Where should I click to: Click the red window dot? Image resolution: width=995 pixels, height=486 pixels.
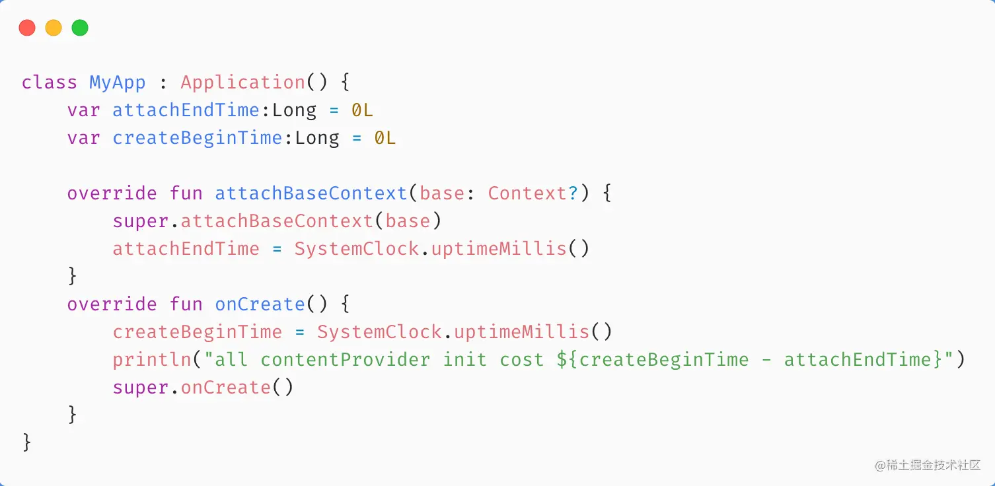[x=27, y=28]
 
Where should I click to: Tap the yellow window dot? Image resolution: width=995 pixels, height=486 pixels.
[x=54, y=28]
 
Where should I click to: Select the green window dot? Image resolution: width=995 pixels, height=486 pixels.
[x=80, y=28]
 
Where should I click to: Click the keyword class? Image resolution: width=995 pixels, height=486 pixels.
[x=50, y=83]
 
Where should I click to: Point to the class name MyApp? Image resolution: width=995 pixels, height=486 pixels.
[x=118, y=83]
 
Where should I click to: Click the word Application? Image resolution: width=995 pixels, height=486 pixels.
[x=242, y=83]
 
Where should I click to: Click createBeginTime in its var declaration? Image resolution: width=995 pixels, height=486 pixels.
[x=197, y=138]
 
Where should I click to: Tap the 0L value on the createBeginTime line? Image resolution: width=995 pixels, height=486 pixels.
[x=385, y=138]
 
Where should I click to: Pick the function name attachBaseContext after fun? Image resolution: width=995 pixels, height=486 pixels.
[x=311, y=193]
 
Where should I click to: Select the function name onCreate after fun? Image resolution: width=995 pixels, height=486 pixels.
[x=260, y=304]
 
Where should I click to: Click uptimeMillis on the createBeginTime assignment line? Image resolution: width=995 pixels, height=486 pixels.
[x=521, y=332]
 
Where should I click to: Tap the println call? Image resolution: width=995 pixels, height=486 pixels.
[x=152, y=360]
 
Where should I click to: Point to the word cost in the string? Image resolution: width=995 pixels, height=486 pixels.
[x=517, y=360]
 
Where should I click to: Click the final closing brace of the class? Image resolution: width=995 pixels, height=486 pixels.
[x=27, y=442]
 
